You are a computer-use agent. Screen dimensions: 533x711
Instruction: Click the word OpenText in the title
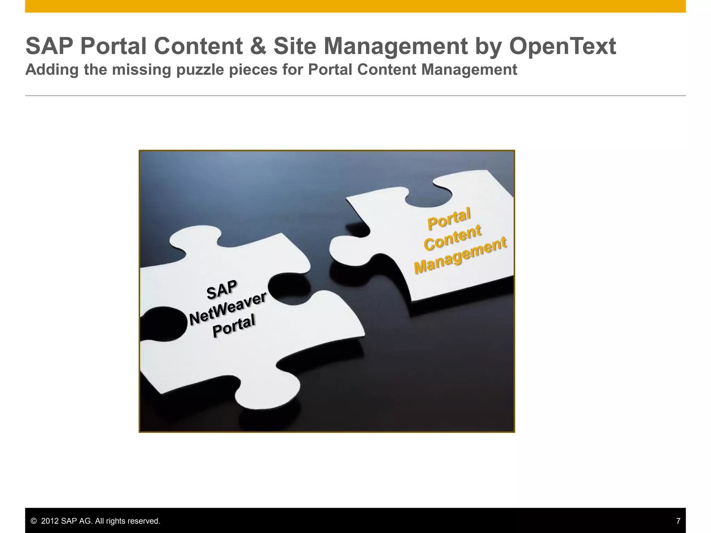pos(562,46)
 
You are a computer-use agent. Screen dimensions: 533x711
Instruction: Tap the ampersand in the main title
pos(258,46)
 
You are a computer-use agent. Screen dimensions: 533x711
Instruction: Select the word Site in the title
pos(295,46)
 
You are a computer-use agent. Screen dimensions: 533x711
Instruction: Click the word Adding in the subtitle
pos(52,70)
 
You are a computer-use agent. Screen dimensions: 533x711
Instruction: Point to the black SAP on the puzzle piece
pos(222,290)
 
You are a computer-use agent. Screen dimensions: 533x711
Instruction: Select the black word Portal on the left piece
pos(234,325)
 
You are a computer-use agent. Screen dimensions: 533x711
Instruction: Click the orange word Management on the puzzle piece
pos(460,255)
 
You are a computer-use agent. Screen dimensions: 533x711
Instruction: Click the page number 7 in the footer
pos(678,521)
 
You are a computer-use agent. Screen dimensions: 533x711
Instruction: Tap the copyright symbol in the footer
pos(34,521)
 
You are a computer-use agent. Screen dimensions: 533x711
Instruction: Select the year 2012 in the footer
pos(50,521)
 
